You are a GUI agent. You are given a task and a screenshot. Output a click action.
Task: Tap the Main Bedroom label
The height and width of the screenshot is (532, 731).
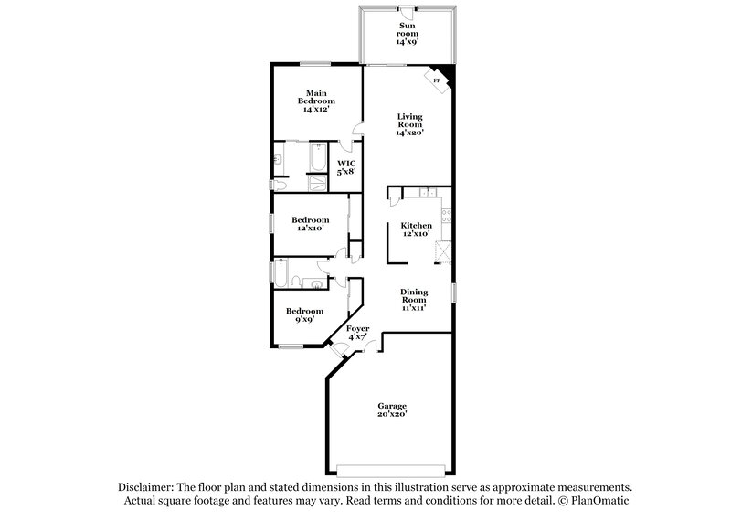pos(317,101)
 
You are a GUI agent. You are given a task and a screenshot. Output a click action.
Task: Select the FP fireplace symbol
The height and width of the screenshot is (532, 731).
pos(437,81)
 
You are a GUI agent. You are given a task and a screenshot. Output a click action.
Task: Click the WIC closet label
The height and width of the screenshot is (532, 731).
pos(345,167)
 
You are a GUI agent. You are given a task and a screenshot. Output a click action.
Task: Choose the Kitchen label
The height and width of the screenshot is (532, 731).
pos(416,229)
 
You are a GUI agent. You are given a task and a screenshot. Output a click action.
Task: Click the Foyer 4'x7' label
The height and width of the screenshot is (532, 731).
pos(357,333)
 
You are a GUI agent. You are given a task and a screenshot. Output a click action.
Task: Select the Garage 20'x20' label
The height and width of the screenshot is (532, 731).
pos(393,410)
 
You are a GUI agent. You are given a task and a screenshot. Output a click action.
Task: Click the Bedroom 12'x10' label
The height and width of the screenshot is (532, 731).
pos(311,224)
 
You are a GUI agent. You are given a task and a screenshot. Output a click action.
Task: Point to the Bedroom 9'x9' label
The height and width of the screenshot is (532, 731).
pos(304,315)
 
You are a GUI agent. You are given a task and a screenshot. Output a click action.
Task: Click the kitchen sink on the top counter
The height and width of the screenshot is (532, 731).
pos(425,192)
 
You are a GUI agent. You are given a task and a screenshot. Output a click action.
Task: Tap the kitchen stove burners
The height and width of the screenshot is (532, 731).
pos(445,218)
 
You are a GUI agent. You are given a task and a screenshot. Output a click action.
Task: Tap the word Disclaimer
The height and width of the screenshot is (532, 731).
pos(147,487)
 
